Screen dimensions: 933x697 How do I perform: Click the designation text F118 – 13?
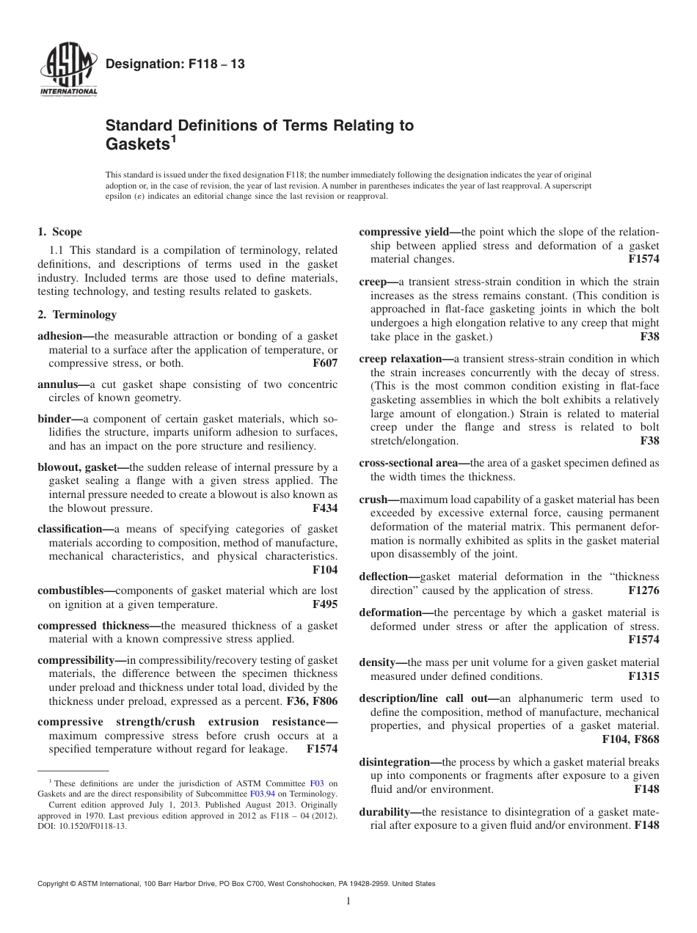[175, 65]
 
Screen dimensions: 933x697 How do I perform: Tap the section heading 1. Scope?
[60, 232]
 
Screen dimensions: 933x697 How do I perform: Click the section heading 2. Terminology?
[77, 315]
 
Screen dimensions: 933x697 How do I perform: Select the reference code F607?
[325, 362]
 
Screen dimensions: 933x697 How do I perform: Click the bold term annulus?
[57, 384]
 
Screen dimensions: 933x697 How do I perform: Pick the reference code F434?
[325, 508]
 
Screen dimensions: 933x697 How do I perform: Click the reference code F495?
[325, 604]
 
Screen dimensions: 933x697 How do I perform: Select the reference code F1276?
[643, 590]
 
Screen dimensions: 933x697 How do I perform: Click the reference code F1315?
[643, 676]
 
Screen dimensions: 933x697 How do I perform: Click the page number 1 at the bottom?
[348, 901]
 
